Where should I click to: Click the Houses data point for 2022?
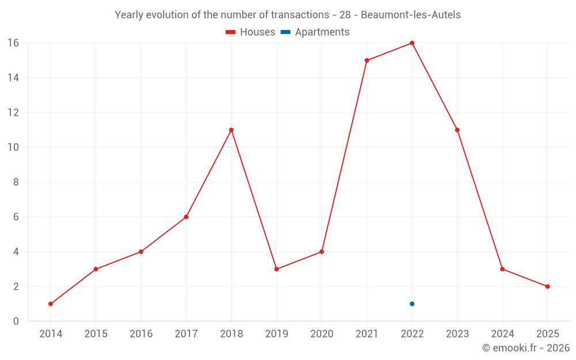click(412, 43)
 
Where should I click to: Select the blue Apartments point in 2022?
click(412, 304)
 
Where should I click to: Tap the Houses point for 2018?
click(231, 130)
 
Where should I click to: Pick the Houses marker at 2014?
click(51, 304)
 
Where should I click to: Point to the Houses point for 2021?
click(367, 60)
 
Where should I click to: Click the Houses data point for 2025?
click(547, 286)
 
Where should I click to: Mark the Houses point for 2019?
click(276, 269)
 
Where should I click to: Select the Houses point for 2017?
click(186, 217)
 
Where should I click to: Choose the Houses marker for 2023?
click(457, 130)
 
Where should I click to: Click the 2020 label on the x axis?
click(321, 334)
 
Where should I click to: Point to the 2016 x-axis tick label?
click(141, 334)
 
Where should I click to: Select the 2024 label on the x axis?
click(502, 334)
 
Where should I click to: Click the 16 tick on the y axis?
click(13, 43)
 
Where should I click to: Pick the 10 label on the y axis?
click(13, 147)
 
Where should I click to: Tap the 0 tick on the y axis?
click(16, 321)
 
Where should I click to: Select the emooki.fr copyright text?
click(526, 348)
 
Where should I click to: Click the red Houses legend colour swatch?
click(231, 32)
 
